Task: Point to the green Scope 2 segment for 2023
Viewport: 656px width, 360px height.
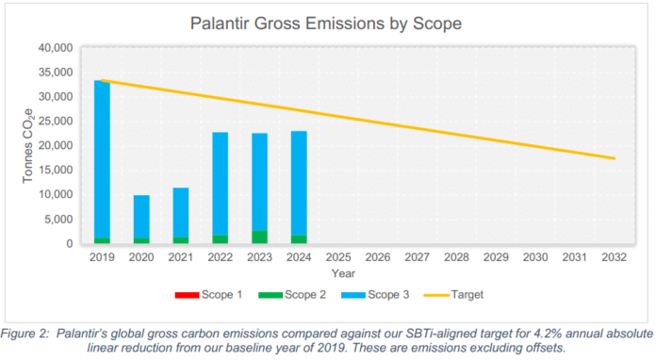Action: tap(259, 237)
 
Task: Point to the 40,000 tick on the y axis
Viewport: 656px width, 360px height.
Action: tap(56, 48)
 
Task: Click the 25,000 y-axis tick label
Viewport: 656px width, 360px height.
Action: tap(56, 122)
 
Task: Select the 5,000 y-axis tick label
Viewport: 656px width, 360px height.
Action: tap(59, 220)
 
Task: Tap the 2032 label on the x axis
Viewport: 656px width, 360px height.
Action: tap(615, 255)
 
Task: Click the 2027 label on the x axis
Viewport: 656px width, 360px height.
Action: tap(418, 255)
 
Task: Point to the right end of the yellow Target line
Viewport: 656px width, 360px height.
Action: tap(615, 158)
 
